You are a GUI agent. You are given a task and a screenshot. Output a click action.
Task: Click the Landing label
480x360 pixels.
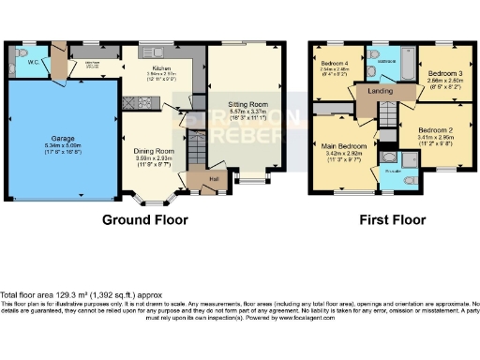click(380, 92)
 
